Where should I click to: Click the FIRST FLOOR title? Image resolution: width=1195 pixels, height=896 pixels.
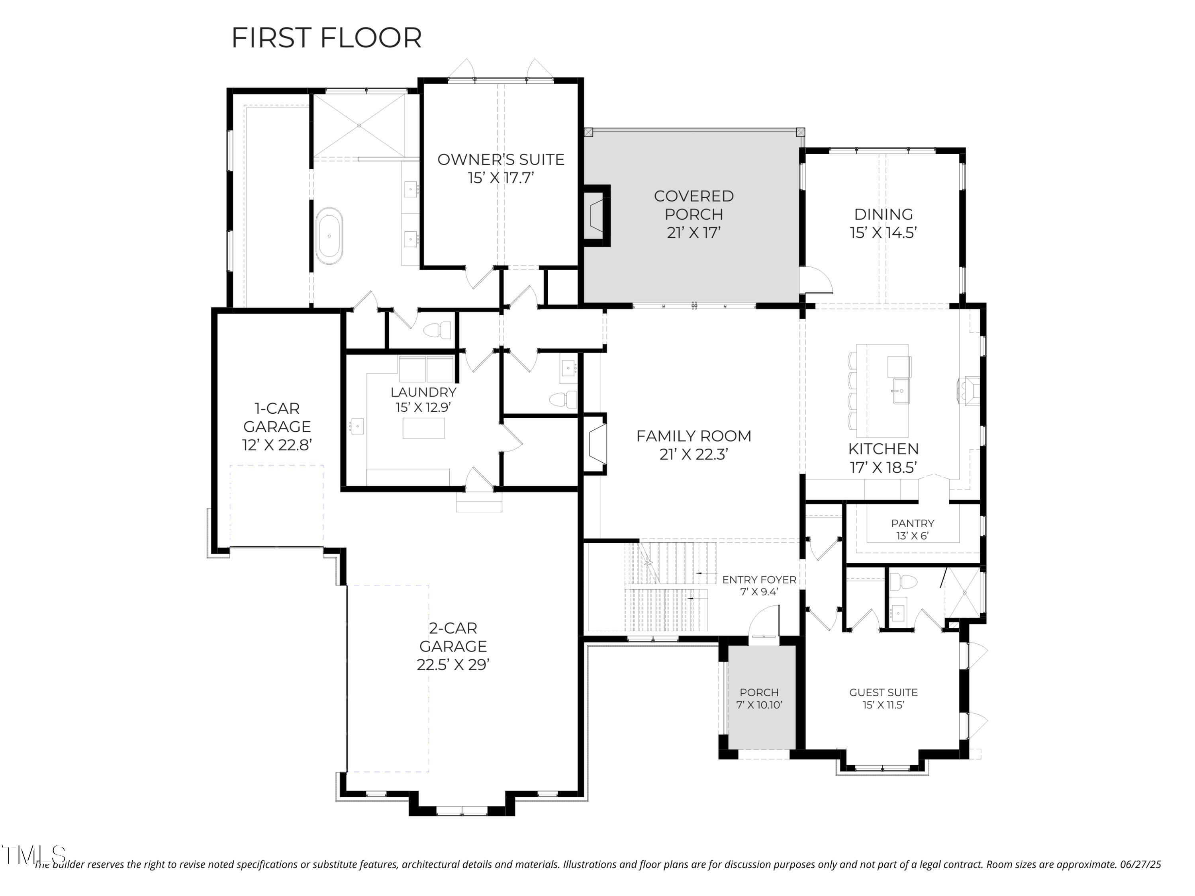(x=326, y=38)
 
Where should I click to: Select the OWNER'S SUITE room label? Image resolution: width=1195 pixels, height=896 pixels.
(x=501, y=168)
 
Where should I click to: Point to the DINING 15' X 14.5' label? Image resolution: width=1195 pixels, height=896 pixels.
(x=883, y=223)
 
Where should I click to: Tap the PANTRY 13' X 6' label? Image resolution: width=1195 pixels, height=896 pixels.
(x=913, y=529)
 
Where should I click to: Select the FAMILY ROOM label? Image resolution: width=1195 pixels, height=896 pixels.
(x=693, y=444)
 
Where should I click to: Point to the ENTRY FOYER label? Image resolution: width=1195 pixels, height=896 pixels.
(x=759, y=585)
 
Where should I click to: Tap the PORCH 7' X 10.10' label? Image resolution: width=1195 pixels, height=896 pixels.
(x=759, y=698)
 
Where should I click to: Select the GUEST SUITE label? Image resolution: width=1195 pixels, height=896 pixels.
(x=883, y=698)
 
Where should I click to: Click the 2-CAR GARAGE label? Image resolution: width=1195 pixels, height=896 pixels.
(x=453, y=646)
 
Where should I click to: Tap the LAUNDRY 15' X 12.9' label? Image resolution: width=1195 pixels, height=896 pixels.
(x=423, y=399)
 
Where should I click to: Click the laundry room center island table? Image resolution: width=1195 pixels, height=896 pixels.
(x=423, y=428)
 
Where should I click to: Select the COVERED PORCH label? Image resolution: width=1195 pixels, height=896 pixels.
(x=693, y=214)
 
